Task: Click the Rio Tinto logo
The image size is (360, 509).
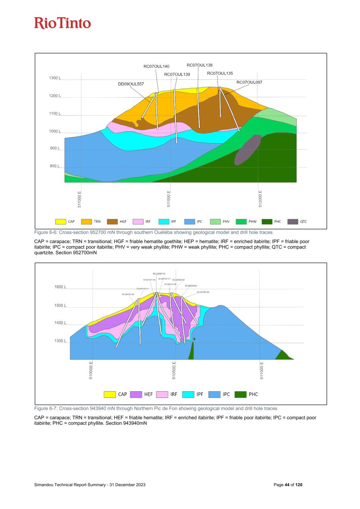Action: pos(63,23)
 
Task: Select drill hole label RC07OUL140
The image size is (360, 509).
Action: pos(156,66)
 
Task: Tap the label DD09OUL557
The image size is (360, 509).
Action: pos(131,84)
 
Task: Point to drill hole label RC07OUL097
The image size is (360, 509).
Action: pos(249,82)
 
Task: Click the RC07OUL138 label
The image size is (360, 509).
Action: pos(200,65)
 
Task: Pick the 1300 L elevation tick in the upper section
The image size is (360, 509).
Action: pos(54,78)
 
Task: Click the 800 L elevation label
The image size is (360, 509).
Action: pos(54,166)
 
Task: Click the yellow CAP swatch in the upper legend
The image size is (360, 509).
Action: pos(61,221)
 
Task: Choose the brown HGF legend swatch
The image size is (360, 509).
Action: pos(112,221)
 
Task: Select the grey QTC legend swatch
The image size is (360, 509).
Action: pos(293,221)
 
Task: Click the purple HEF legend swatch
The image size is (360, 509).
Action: pos(136,394)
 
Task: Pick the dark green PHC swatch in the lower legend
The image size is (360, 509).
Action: pos(240,394)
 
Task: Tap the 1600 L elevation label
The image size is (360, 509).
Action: pos(60,287)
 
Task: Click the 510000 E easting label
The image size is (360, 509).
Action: pos(91,370)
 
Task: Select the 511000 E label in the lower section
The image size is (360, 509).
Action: pos(262,370)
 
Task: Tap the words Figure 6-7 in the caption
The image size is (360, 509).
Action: pos(44,408)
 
